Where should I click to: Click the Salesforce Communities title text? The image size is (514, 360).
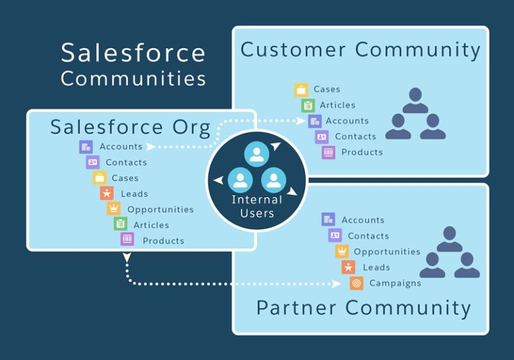(x=133, y=65)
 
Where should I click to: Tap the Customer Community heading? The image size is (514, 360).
(x=360, y=50)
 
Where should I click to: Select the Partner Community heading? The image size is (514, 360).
(x=363, y=308)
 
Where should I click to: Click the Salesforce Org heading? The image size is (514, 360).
(x=131, y=126)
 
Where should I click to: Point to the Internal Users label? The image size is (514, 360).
(x=257, y=206)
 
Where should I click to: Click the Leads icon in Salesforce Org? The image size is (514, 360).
(x=106, y=193)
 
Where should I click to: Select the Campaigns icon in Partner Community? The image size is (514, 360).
(x=356, y=283)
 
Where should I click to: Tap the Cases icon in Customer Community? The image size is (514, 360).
(x=301, y=89)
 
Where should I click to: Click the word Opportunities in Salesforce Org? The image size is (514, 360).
(x=161, y=209)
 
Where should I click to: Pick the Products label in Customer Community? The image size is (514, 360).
(x=362, y=152)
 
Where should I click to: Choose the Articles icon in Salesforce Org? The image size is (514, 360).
(x=120, y=225)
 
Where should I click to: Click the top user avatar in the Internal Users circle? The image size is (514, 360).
(x=256, y=154)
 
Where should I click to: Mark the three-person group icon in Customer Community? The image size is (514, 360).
(x=415, y=114)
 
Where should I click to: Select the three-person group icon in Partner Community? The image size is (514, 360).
(x=449, y=253)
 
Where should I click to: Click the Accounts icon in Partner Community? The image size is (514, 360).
(x=328, y=219)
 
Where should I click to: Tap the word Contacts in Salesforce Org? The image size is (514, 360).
(x=126, y=162)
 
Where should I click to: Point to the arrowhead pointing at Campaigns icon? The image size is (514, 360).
(x=337, y=284)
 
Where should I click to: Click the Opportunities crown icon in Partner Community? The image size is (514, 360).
(x=342, y=252)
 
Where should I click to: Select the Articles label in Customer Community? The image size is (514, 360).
(x=337, y=105)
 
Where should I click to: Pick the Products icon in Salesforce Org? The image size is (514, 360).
(x=127, y=240)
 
